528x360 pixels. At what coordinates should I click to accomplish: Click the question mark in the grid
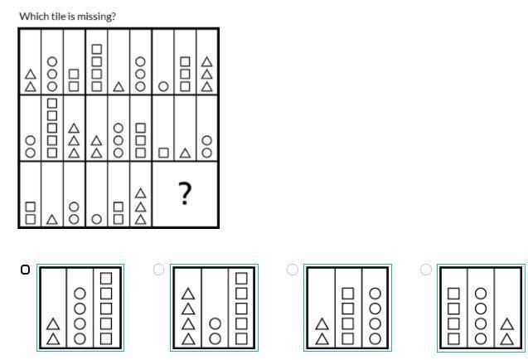[185, 194]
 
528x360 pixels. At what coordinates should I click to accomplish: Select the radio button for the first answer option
[25, 269]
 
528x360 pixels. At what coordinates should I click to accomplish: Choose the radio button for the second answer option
[158, 269]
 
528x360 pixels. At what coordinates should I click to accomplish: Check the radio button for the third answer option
[292, 269]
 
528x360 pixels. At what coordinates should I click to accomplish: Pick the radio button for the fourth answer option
[425, 269]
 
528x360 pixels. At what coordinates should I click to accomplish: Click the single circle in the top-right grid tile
[163, 85]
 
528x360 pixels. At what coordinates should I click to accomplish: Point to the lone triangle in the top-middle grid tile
[119, 85]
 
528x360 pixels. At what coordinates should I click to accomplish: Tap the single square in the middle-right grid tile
[163, 153]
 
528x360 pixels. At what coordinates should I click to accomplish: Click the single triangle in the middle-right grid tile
[186, 153]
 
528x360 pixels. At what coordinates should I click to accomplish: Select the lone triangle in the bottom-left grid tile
[52, 219]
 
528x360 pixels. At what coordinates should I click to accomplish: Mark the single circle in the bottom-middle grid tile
[96, 219]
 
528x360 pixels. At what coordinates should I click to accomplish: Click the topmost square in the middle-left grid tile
[52, 104]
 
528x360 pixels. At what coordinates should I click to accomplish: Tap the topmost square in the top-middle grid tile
[96, 49]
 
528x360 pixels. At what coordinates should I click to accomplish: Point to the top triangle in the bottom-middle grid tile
[140, 193]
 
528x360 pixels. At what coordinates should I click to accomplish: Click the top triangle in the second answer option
[188, 293]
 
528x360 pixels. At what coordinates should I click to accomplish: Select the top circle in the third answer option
[375, 293]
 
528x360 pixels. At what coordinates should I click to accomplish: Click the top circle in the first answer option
[80, 293]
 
